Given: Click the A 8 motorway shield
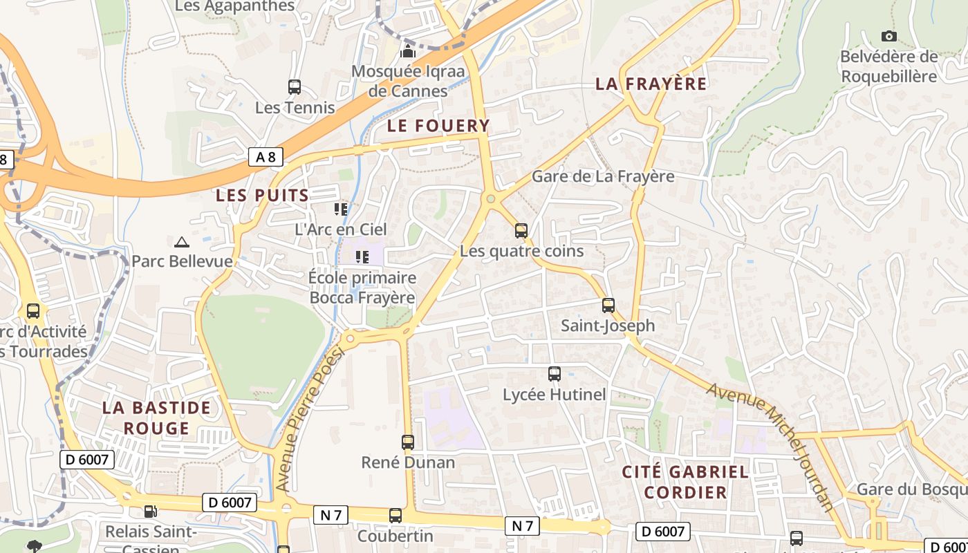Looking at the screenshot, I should pyautogui.click(x=266, y=157).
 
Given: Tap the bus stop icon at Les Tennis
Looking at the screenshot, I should pyautogui.click(x=295, y=87).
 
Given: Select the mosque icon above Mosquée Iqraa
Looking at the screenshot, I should pyautogui.click(x=408, y=51).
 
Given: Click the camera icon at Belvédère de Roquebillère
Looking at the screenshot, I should pyautogui.click(x=889, y=36).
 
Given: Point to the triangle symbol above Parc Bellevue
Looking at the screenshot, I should pyautogui.click(x=182, y=242).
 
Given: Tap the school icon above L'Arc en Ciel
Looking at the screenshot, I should pyautogui.click(x=341, y=208).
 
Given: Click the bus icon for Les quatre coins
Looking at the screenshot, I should pyautogui.click(x=521, y=231).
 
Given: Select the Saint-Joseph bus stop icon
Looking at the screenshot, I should pyautogui.click(x=608, y=306).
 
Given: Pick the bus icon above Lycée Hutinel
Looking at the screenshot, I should pyautogui.click(x=555, y=374).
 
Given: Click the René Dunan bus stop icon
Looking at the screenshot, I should pyautogui.click(x=408, y=442).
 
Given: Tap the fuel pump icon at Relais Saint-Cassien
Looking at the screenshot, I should pyautogui.click(x=150, y=512).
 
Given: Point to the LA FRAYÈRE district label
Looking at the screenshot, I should pyautogui.click(x=651, y=84).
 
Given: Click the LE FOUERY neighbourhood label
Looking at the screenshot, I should pyautogui.click(x=438, y=126).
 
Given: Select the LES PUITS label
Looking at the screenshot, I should pyautogui.click(x=263, y=196).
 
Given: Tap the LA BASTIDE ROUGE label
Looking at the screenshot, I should pyautogui.click(x=156, y=418).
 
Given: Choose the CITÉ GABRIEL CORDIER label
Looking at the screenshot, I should pyautogui.click(x=685, y=482).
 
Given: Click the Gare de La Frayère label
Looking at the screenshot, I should pyautogui.click(x=603, y=176).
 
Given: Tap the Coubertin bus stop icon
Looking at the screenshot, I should pyautogui.click(x=395, y=516).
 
